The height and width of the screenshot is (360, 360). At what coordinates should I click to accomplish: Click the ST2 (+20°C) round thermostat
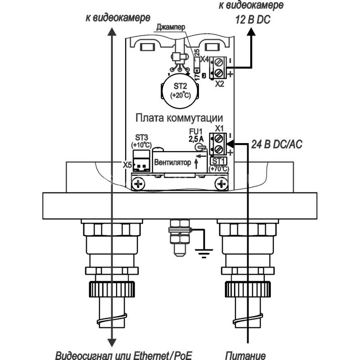coord(180,91)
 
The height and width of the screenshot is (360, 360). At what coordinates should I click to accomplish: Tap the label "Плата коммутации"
coord(179,118)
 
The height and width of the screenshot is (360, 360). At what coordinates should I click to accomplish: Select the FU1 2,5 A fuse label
coord(196,135)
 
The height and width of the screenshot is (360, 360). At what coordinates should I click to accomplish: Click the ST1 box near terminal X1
coord(218,161)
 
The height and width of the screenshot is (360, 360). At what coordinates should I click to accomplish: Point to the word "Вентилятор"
coord(172,162)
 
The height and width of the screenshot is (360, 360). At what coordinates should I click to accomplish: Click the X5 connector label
coord(127,165)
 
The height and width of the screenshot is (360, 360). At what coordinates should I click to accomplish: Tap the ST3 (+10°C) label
coord(141,141)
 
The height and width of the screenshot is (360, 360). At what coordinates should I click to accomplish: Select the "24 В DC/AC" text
coord(277,144)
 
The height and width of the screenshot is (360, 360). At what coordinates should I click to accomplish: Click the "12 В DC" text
coord(252,20)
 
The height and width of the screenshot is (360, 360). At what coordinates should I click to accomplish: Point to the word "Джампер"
coord(171,27)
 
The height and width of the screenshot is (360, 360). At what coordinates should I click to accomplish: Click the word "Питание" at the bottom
coord(245,355)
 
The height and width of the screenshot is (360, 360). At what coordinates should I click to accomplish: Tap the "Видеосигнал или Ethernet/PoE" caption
coord(124,355)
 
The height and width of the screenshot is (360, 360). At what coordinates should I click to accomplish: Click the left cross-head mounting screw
coord(138,184)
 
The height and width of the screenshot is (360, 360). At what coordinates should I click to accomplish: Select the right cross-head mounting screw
coord(221,184)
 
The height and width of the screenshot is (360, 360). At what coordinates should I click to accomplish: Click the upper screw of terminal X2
coord(219,62)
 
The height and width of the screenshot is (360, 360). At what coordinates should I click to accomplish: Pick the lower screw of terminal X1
coord(219,149)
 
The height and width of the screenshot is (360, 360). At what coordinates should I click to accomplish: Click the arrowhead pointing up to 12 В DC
coord(251,31)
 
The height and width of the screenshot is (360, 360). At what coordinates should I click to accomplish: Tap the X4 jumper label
coord(204,59)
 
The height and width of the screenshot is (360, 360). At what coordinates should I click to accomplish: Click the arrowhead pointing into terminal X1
coord(230,144)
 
